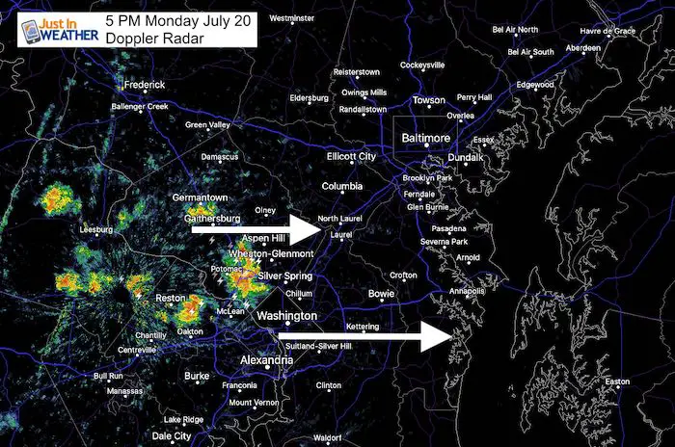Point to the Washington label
click(286, 316)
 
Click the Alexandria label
click(266, 360)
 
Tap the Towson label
click(428, 100)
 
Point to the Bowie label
click(381, 293)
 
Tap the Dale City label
click(173, 435)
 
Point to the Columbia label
click(341, 185)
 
